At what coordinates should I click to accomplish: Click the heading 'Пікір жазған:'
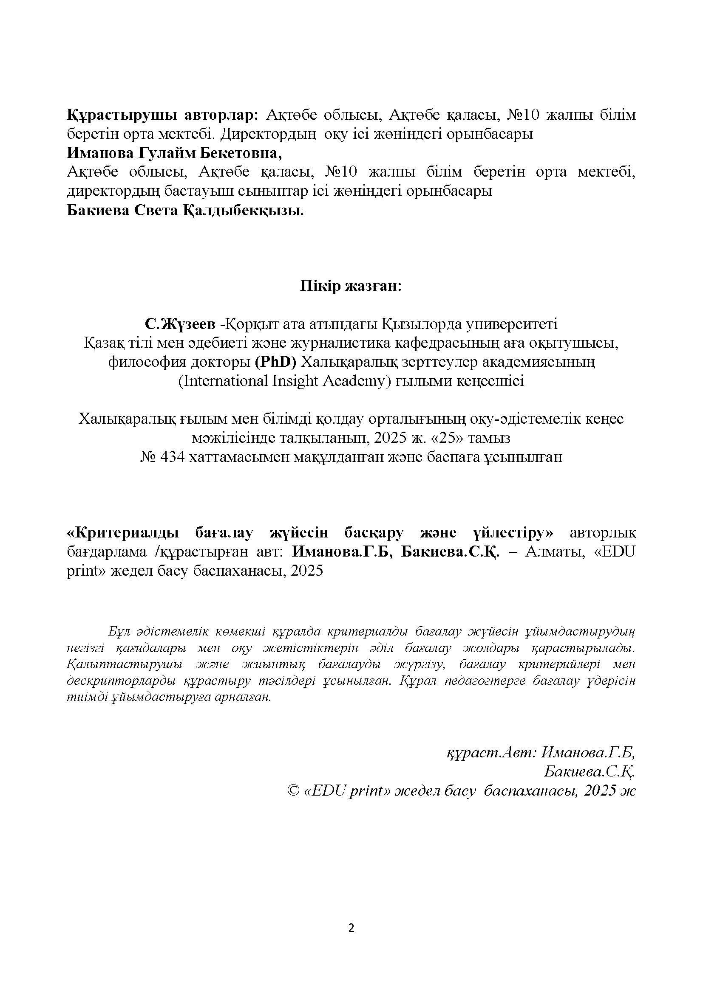351,286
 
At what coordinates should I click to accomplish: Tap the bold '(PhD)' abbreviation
275,362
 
